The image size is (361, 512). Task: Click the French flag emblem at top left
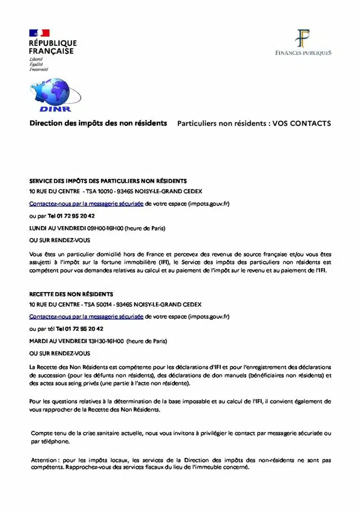coord(39,33)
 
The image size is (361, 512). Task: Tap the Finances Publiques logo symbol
coord(303,38)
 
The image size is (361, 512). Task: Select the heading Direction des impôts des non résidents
coord(98,123)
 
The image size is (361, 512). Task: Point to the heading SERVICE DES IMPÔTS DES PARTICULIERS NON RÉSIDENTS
coord(108,181)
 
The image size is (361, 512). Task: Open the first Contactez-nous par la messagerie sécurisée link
coord(86,204)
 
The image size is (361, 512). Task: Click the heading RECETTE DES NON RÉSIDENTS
coord(71,294)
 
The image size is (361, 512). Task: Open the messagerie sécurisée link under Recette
coord(86,317)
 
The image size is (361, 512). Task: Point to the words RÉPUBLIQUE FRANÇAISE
coord(52,47)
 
